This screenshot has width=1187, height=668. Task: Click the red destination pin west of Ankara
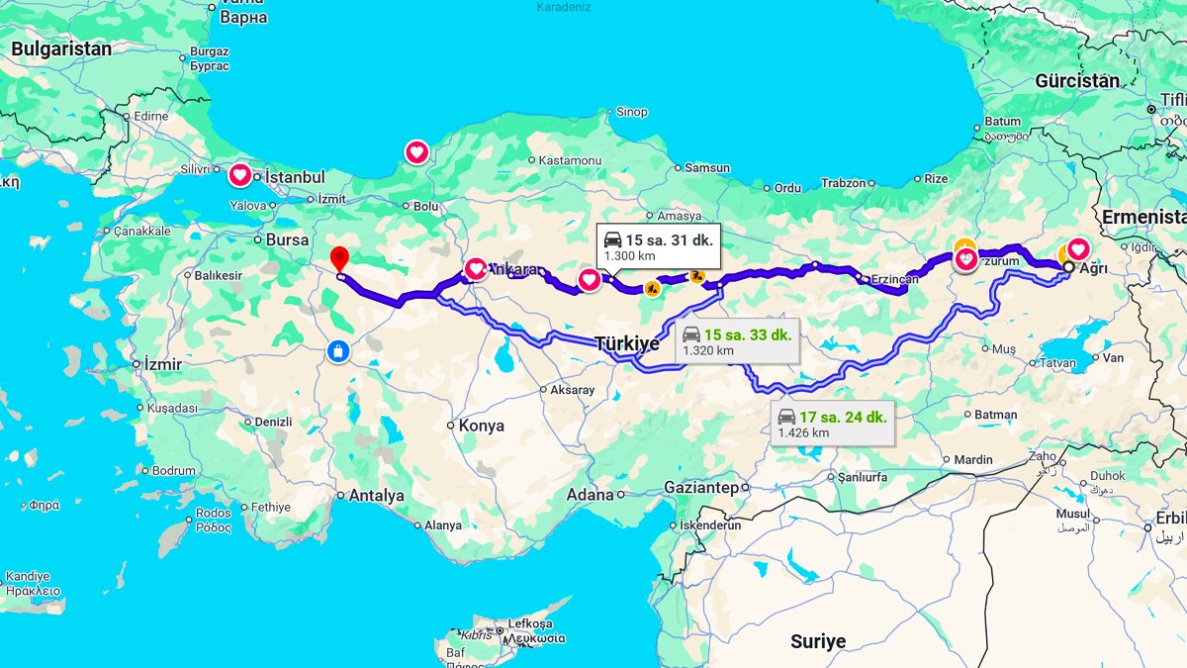339,258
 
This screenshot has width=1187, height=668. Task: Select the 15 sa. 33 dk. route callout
736,341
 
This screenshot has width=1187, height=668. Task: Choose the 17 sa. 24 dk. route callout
832,424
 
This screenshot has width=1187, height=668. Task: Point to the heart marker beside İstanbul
240,176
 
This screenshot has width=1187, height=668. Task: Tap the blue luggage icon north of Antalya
339,351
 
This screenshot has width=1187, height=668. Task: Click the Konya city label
482,426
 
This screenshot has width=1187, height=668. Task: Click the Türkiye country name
626,343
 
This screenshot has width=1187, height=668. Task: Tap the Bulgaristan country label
62,48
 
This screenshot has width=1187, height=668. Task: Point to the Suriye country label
818,642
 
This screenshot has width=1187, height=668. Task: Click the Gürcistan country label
1077,81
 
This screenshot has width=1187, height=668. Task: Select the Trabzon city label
844,183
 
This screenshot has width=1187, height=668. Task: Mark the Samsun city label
707,168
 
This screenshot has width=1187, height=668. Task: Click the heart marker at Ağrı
1077,249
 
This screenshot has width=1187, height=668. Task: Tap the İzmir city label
163,364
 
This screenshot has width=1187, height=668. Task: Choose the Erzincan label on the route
895,280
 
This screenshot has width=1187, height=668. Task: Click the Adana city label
591,494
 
